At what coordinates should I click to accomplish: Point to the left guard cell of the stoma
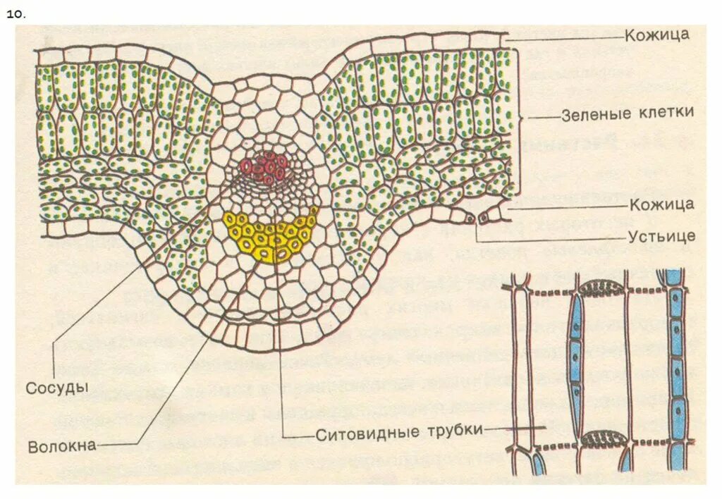coord(471,220)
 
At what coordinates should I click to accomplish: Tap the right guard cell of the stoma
coord(484,219)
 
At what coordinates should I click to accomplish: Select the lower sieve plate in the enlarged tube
coord(601,438)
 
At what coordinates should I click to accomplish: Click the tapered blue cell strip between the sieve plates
coord(576,352)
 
